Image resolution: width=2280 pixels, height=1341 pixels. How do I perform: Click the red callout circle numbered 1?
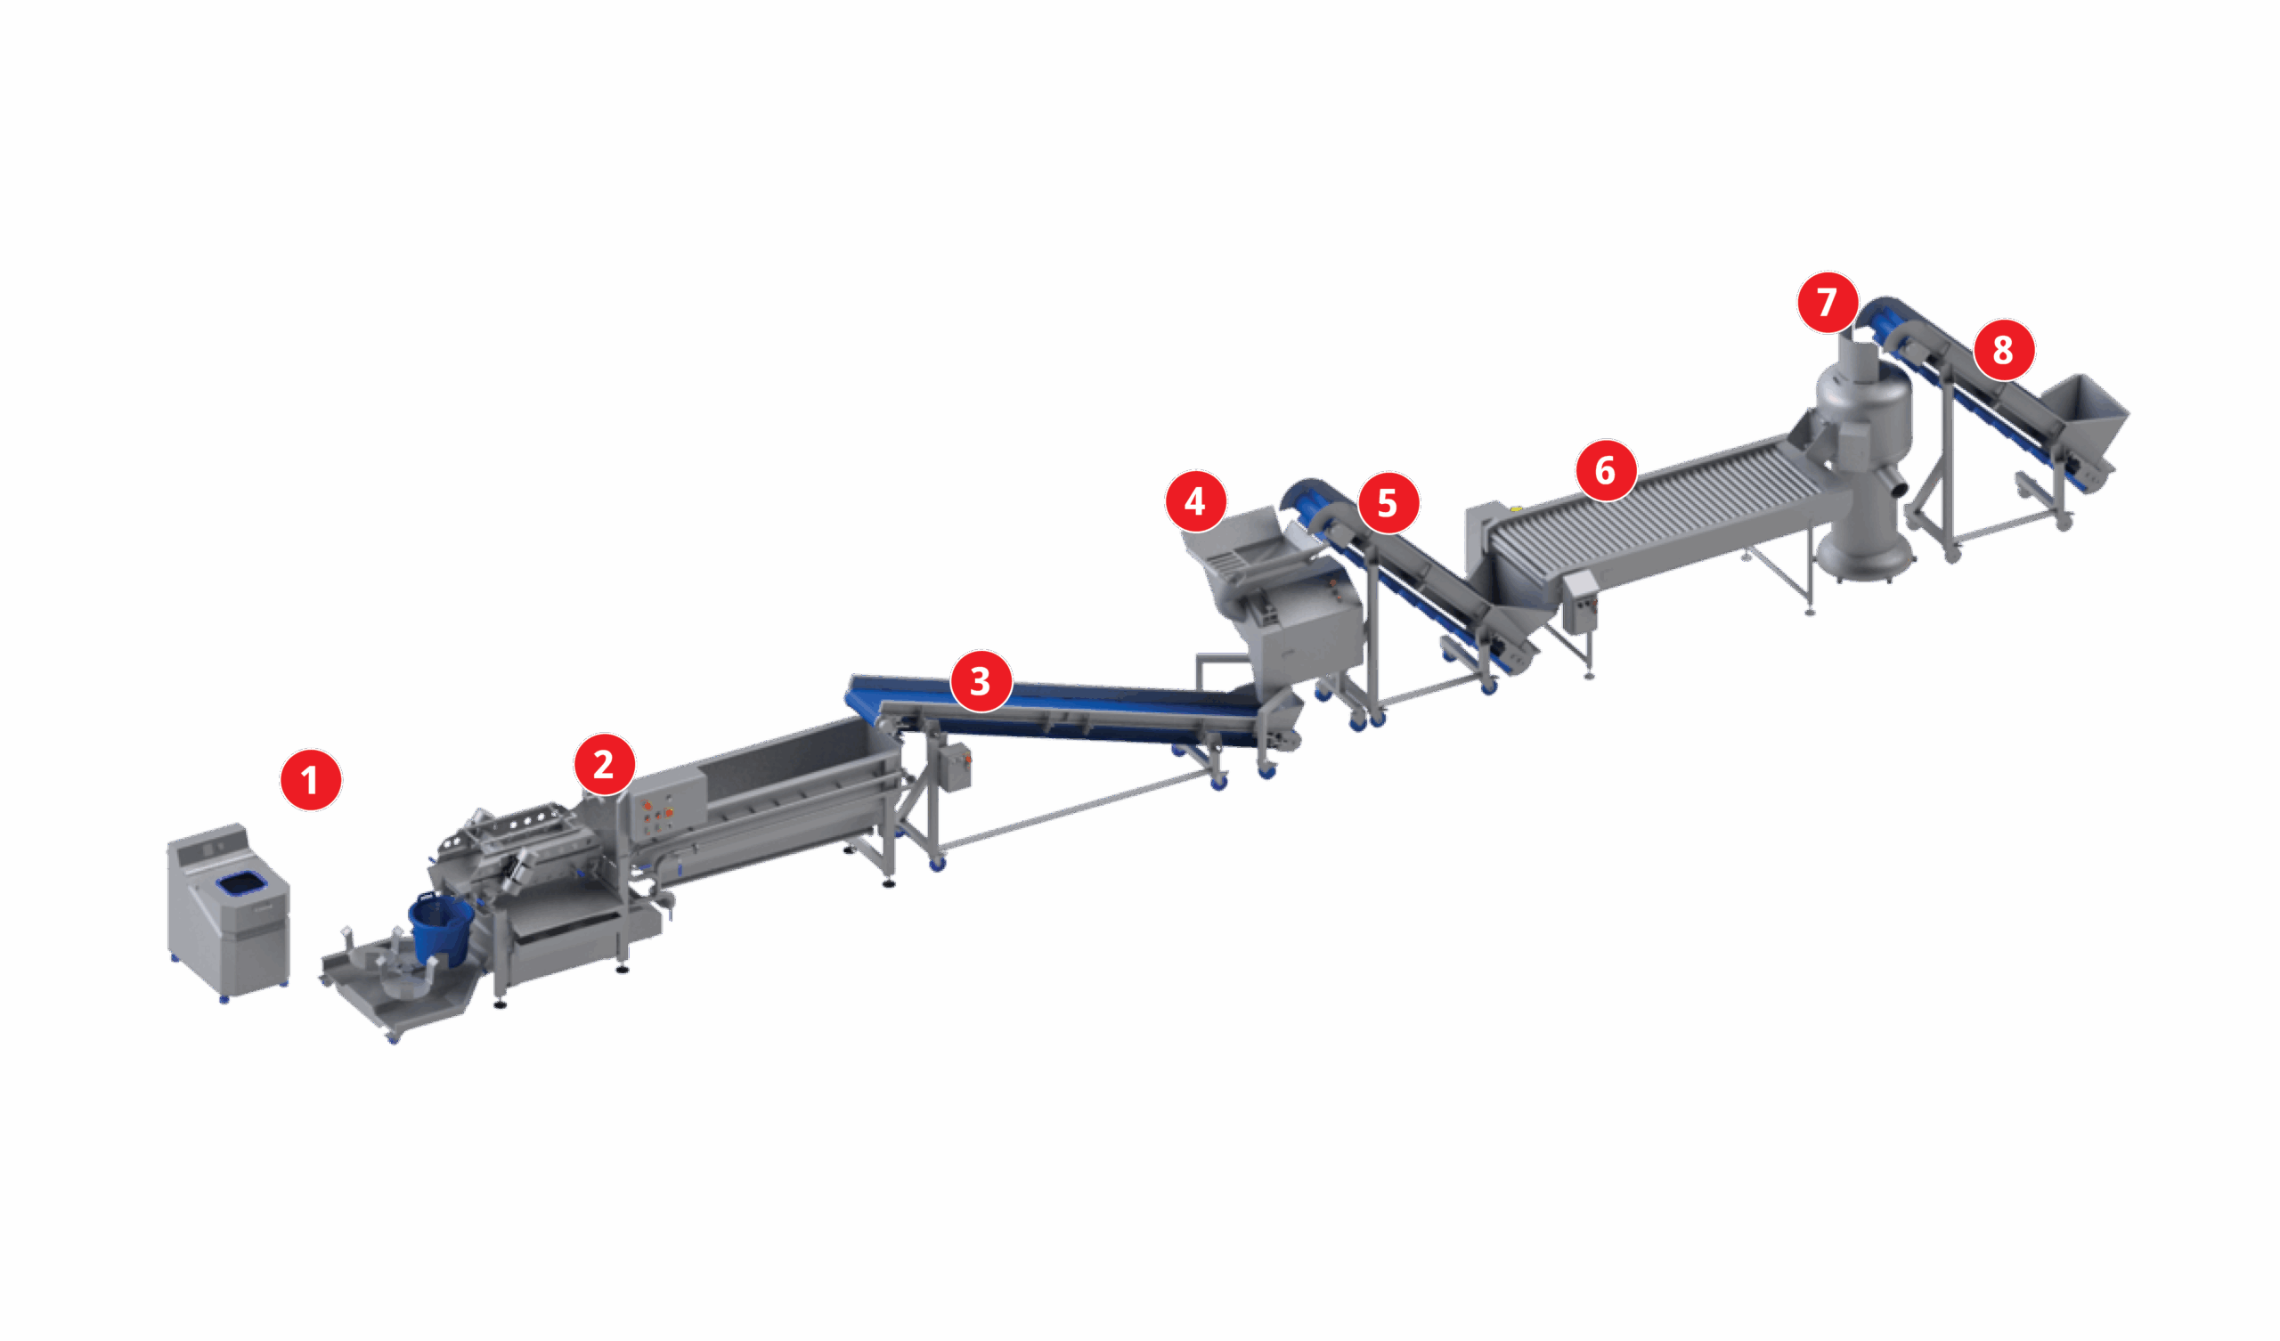coord(310,780)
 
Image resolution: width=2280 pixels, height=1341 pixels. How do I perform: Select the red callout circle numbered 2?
coord(605,765)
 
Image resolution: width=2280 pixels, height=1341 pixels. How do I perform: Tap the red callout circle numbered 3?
coord(981,680)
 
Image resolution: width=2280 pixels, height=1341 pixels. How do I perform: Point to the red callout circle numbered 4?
coord(1195,500)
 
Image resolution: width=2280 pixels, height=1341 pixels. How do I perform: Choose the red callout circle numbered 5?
coord(1388,503)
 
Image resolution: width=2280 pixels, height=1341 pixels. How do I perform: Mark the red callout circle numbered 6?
coord(1606,469)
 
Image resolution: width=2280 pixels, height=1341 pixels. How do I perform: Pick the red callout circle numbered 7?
coord(1828,301)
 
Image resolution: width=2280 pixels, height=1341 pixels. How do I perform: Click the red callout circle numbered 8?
coord(2004,349)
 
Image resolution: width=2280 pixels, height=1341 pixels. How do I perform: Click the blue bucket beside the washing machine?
coord(441,928)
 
